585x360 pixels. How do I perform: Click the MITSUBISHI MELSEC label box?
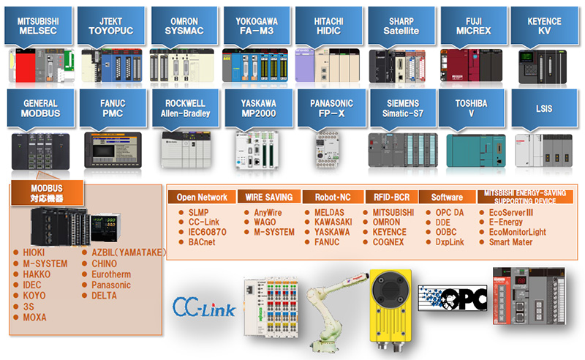click(x=37, y=26)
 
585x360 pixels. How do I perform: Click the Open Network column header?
click(x=202, y=197)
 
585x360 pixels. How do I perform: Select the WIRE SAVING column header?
click(x=269, y=197)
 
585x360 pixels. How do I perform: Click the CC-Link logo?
click(x=205, y=307)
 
